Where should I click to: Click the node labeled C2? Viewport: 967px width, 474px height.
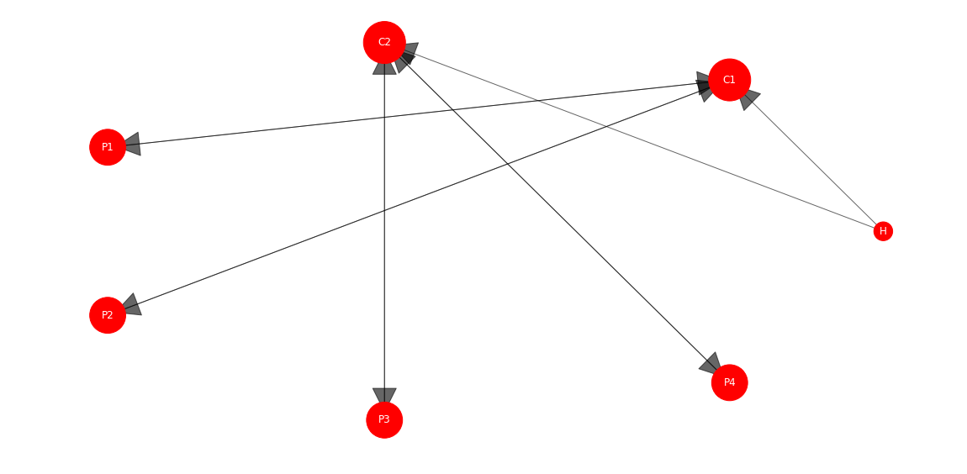pyautogui.click(x=384, y=43)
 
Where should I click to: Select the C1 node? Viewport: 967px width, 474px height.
pyautogui.click(x=730, y=80)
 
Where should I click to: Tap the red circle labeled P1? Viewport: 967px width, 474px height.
pyautogui.click(x=108, y=147)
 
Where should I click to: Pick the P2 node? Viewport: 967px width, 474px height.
pyautogui.click(x=108, y=315)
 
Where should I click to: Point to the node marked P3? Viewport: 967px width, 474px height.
pyautogui.click(x=384, y=419)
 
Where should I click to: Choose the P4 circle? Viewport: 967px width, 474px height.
pyautogui.click(x=730, y=382)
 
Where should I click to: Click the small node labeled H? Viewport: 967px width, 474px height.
pyautogui.click(x=883, y=231)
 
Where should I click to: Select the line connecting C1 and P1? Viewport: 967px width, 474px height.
pyautogui.click(x=418, y=113)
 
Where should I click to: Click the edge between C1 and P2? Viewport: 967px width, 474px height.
pyautogui.click(x=418, y=197)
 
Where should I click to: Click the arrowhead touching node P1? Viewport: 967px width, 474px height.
pyautogui.click(x=133, y=145)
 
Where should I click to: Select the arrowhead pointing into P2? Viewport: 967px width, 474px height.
pyautogui.click(x=132, y=305)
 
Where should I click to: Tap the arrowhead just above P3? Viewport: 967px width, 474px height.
pyautogui.click(x=384, y=396)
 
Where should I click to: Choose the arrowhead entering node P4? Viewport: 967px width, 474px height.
pyautogui.click(x=711, y=363)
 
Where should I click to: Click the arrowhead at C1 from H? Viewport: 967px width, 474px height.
pyautogui.click(x=748, y=98)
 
